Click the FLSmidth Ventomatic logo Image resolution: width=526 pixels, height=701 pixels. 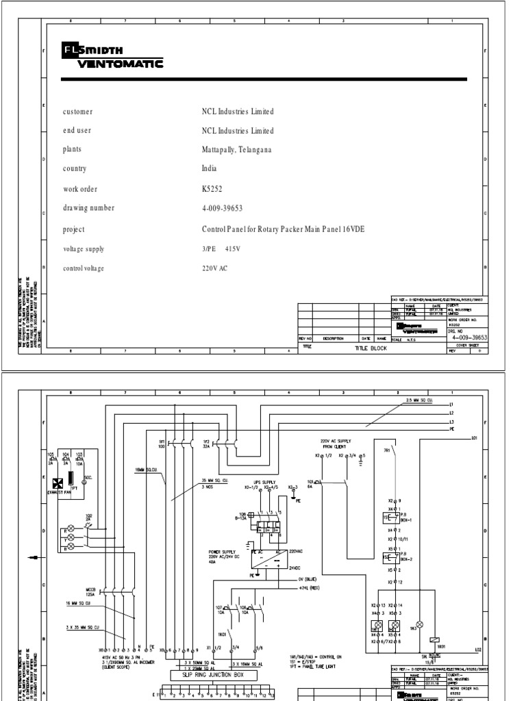coord(112,58)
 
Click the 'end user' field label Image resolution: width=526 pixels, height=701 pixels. coord(77,131)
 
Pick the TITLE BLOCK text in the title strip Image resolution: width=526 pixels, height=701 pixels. coord(371,348)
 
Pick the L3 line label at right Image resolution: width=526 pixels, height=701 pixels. coord(452,422)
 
